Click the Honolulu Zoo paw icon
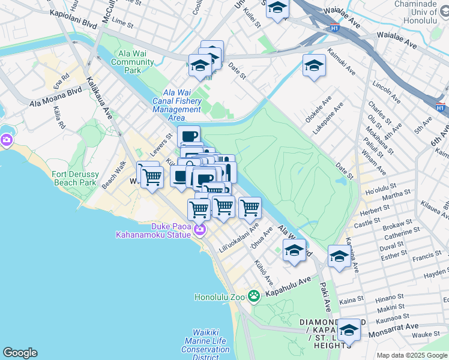pyautogui.click(x=255, y=295)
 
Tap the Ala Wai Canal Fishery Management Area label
pyautogui.click(x=176, y=105)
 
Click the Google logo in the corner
pyautogui.click(x=20, y=353)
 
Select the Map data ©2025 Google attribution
pyautogui.click(x=412, y=355)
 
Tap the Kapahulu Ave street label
pyautogui.click(x=288, y=287)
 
